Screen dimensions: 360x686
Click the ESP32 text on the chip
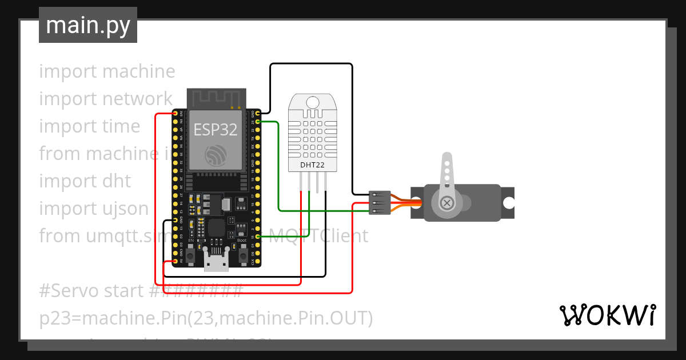[x=216, y=130]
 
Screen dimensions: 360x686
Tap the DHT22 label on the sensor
[x=312, y=166]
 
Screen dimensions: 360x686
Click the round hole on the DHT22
[x=312, y=102]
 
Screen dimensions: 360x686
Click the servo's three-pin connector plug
[x=380, y=203]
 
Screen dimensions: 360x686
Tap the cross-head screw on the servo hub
[x=446, y=202]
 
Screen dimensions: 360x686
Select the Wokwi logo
[x=607, y=315]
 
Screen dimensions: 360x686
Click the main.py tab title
[x=88, y=25]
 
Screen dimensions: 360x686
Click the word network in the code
[x=137, y=99]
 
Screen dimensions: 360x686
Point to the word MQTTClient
[x=318, y=235]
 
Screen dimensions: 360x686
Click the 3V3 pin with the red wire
[x=175, y=113]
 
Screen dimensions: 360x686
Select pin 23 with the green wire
[x=258, y=122]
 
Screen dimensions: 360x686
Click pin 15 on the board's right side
[x=258, y=237]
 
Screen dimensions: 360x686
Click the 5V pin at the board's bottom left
[x=175, y=262]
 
